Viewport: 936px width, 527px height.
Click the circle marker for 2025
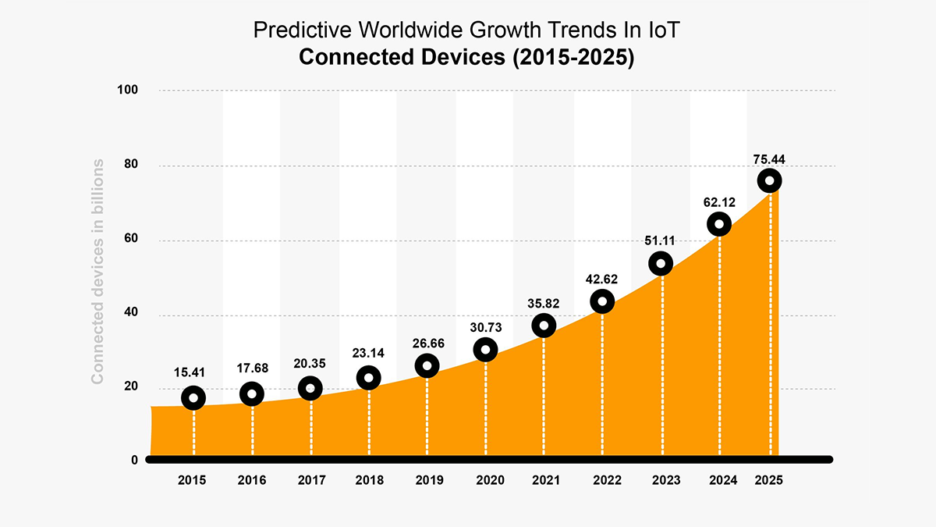769,181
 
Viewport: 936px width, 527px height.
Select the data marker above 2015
193,398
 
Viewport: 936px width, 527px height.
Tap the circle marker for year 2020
485,350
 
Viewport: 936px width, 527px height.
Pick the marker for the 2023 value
661,264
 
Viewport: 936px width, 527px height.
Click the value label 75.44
769,158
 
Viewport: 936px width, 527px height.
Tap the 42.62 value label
602,279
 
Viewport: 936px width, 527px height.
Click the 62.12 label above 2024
719,202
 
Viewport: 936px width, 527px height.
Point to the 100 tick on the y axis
128,91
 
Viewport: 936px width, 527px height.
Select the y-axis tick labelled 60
130,240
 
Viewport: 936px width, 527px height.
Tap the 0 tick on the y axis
134,460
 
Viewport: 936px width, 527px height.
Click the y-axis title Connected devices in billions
98,271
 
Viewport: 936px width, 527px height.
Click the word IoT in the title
665,31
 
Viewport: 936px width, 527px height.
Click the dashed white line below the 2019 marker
427,414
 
